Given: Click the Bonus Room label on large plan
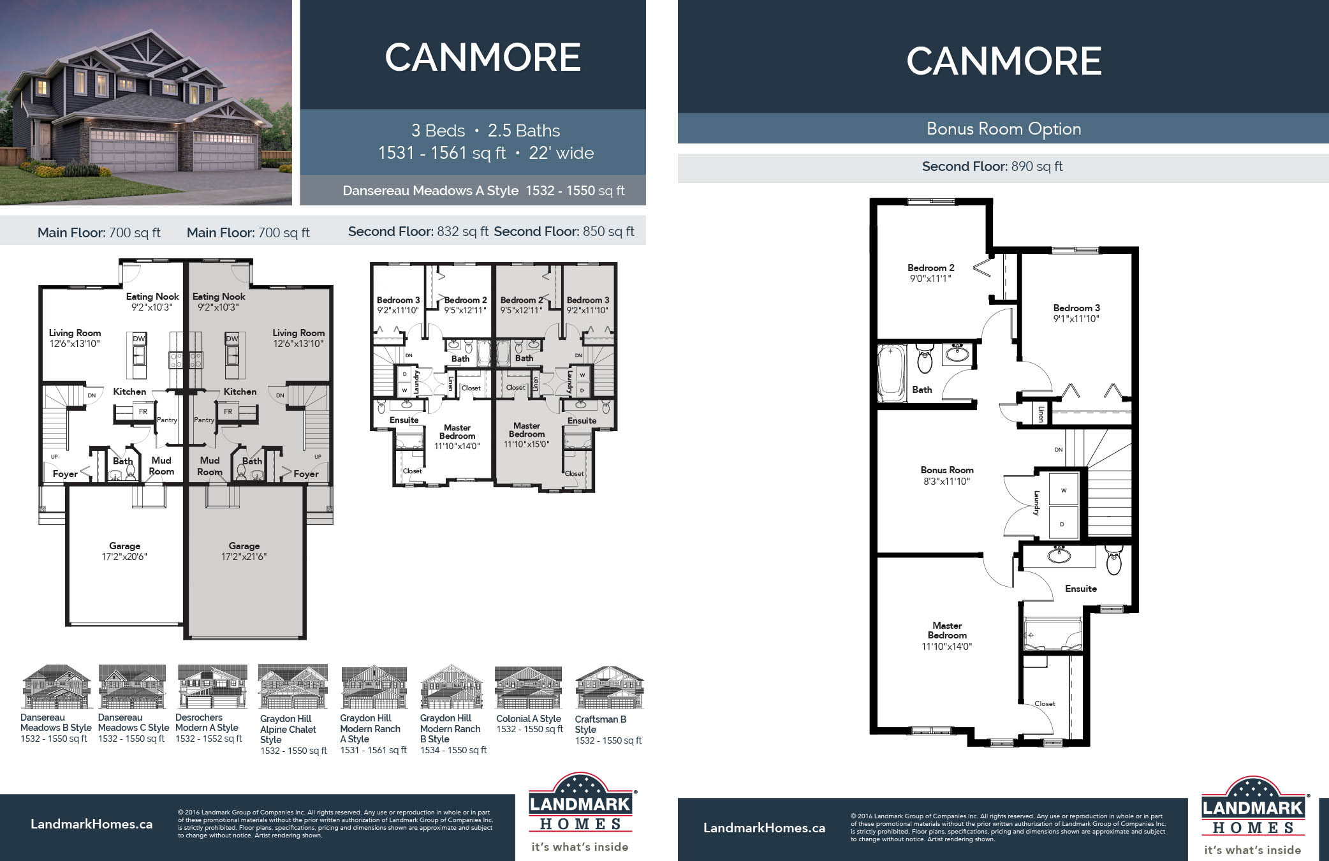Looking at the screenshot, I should click(946, 470).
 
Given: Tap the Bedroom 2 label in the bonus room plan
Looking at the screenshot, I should click(930, 268).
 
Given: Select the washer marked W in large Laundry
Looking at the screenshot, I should click(1063, 490).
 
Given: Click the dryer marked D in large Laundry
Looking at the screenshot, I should click(1062, 524).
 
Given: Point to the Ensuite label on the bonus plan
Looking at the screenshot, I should click(1080, 589).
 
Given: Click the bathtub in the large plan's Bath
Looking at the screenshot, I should click(892, 373).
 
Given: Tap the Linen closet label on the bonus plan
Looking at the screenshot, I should click(1040, 414).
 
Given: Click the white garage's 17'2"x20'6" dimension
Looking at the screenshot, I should click(124, 557).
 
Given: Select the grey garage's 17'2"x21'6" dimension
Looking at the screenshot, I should click(244, 557).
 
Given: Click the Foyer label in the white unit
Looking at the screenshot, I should click(65, 474).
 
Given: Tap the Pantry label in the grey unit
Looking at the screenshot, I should click(204, 420).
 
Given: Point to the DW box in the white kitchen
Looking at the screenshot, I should click(138, 339).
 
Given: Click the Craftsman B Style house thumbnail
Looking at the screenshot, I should click(608, 688).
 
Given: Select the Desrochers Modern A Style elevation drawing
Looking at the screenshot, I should click(212, 687).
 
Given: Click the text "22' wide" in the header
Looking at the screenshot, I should click(561, 153).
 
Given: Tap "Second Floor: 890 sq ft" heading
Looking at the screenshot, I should click(992, 167).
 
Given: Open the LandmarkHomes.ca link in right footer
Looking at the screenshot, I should click(763, 828).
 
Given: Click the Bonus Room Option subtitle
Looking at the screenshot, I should click(1003, 129).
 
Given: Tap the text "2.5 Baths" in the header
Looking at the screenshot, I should click(524, 131).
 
